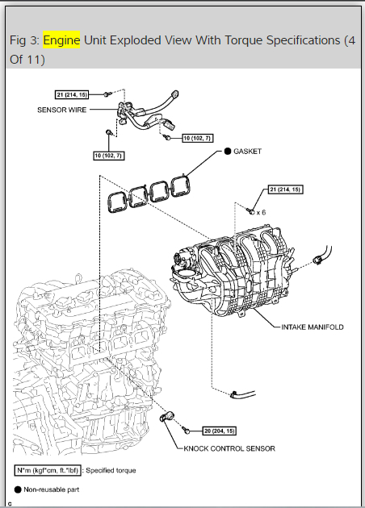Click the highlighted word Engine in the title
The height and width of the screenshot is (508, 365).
coord(61,40)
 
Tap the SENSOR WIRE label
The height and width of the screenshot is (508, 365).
coord(62,110)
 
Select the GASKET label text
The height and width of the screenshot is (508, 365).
coord(248,152)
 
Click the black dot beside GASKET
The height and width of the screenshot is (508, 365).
coord(228,152)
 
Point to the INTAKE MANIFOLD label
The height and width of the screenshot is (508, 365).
coord(313,327)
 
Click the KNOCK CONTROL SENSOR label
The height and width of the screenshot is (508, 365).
coord(229,448)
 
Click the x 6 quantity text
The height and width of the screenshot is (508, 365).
coord(261,213)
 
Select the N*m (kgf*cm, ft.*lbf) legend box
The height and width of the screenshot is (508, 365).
coord(48,470)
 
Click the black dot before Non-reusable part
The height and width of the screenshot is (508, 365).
coord(18,489)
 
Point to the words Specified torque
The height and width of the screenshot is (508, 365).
coord(111,470)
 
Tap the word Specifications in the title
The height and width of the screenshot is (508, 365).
coord(304,40)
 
